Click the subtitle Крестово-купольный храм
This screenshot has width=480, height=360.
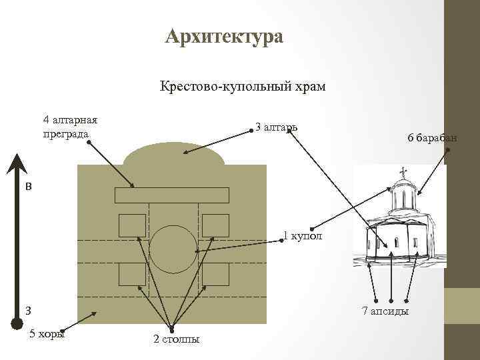point(242,87)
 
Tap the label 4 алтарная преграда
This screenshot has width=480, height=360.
point(70,127)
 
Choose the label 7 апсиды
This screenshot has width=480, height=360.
point(385,311)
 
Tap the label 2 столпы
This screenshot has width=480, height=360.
point(176,339)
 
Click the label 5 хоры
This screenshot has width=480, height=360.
point(47,334)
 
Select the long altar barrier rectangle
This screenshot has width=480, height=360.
point(172,195)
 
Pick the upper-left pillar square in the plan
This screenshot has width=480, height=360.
point(132,226)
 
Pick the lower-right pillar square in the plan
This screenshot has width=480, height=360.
point(215,274)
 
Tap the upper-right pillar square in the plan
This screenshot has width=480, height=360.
point(215,226)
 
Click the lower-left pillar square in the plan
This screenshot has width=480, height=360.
point(132,274)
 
